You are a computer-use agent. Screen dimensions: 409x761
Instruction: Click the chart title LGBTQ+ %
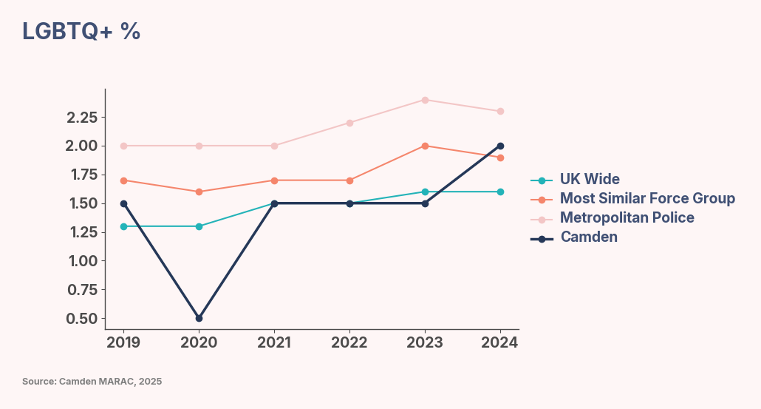coord(81,31)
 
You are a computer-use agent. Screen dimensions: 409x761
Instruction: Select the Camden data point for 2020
coord(199,318)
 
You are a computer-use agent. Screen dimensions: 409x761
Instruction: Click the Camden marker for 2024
coord(500,146)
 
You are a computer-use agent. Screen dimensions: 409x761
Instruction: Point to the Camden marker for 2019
coord(123,203)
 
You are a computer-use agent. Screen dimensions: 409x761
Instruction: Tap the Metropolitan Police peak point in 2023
coord(425,100)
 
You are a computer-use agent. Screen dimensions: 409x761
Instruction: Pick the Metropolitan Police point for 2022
coord(349,123)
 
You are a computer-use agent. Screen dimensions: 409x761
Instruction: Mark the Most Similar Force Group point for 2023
coord(425,146)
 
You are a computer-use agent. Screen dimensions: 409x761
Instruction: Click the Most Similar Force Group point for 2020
coord(199,192)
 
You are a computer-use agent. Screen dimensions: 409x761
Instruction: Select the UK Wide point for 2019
coord(123,226)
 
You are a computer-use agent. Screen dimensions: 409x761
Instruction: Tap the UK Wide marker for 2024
coord(500,192)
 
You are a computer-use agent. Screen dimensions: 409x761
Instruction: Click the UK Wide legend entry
coord(589,180)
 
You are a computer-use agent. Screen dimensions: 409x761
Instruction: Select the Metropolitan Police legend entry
coord(627,218)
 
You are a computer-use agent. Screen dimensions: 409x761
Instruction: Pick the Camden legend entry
coord(588,237)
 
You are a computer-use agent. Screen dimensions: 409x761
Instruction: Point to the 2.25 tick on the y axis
coord(82,118)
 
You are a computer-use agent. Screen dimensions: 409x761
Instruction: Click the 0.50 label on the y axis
coord(82,319)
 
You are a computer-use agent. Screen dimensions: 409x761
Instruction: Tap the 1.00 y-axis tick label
coord(82,261)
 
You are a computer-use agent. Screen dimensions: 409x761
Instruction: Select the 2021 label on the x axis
coord(274,342)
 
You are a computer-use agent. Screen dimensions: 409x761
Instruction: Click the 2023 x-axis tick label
coord(425,342)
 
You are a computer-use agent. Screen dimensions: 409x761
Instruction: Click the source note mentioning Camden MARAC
coord(92,382)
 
